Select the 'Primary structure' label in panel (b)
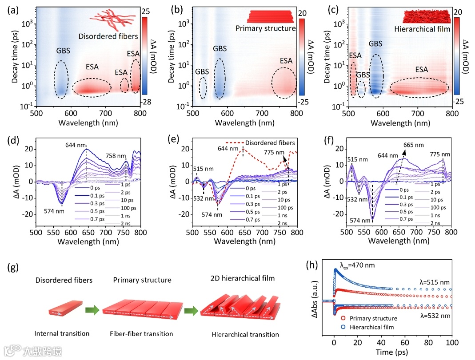coord(266,28)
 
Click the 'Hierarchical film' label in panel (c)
coord(422,29)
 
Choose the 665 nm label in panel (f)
coord(414,145)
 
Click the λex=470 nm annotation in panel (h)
coord(357,265)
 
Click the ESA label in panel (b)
coord(286,60)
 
